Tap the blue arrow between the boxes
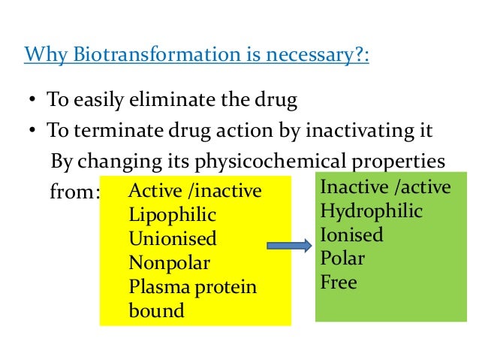point(289,246)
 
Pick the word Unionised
point(172,239)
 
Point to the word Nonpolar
point(169,263)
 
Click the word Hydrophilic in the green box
point(371,211)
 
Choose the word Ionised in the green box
point(351,235)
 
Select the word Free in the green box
point(339,283)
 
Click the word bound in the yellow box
point(156,310)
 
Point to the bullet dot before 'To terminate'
point(34,132)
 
